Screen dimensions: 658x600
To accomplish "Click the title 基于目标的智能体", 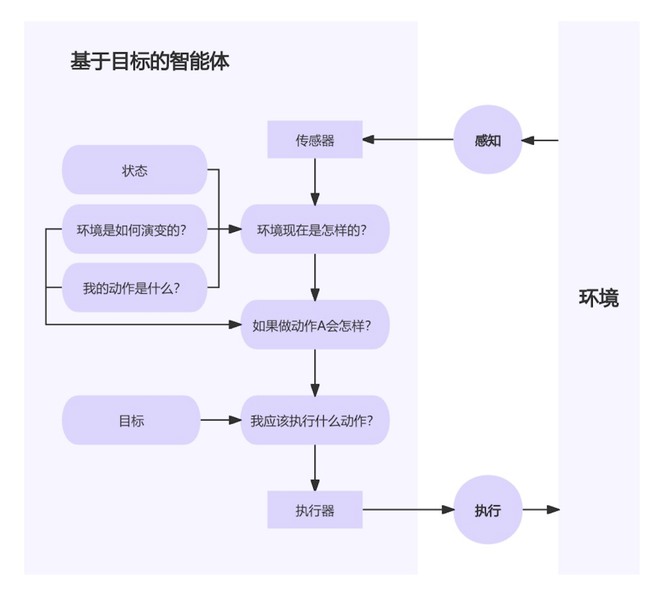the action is [149, 61].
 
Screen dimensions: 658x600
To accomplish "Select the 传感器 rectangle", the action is [315, 139].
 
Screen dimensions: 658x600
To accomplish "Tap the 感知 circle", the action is [487, 139].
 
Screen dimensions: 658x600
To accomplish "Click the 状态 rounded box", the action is [135, 170].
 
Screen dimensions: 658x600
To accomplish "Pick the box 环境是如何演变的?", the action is [135, 229].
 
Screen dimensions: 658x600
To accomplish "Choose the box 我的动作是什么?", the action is [135, 287].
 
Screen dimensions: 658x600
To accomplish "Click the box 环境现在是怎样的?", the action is [315, 229].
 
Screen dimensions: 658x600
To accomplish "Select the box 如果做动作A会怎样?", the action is [315, 325].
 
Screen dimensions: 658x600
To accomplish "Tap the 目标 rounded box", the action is [132, 420].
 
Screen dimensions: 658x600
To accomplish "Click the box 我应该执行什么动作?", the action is [315, 420].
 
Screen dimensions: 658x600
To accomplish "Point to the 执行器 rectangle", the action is [315, 509].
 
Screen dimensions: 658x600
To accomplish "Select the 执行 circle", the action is [487, 509].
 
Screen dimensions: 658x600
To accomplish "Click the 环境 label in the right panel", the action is [599, 298].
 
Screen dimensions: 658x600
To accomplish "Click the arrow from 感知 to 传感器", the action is [408, 139].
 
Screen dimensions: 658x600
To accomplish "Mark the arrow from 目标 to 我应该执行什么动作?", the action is [221, 420].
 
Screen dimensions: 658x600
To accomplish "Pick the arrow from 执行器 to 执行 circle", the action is [408, 509].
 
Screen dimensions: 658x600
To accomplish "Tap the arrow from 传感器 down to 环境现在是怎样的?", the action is [315, 181].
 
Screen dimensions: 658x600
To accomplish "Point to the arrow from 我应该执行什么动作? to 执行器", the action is [315, 467].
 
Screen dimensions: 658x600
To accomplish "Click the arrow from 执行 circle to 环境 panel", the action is [541, 509].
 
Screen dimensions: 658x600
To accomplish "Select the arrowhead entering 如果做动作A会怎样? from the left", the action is [235, 324].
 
